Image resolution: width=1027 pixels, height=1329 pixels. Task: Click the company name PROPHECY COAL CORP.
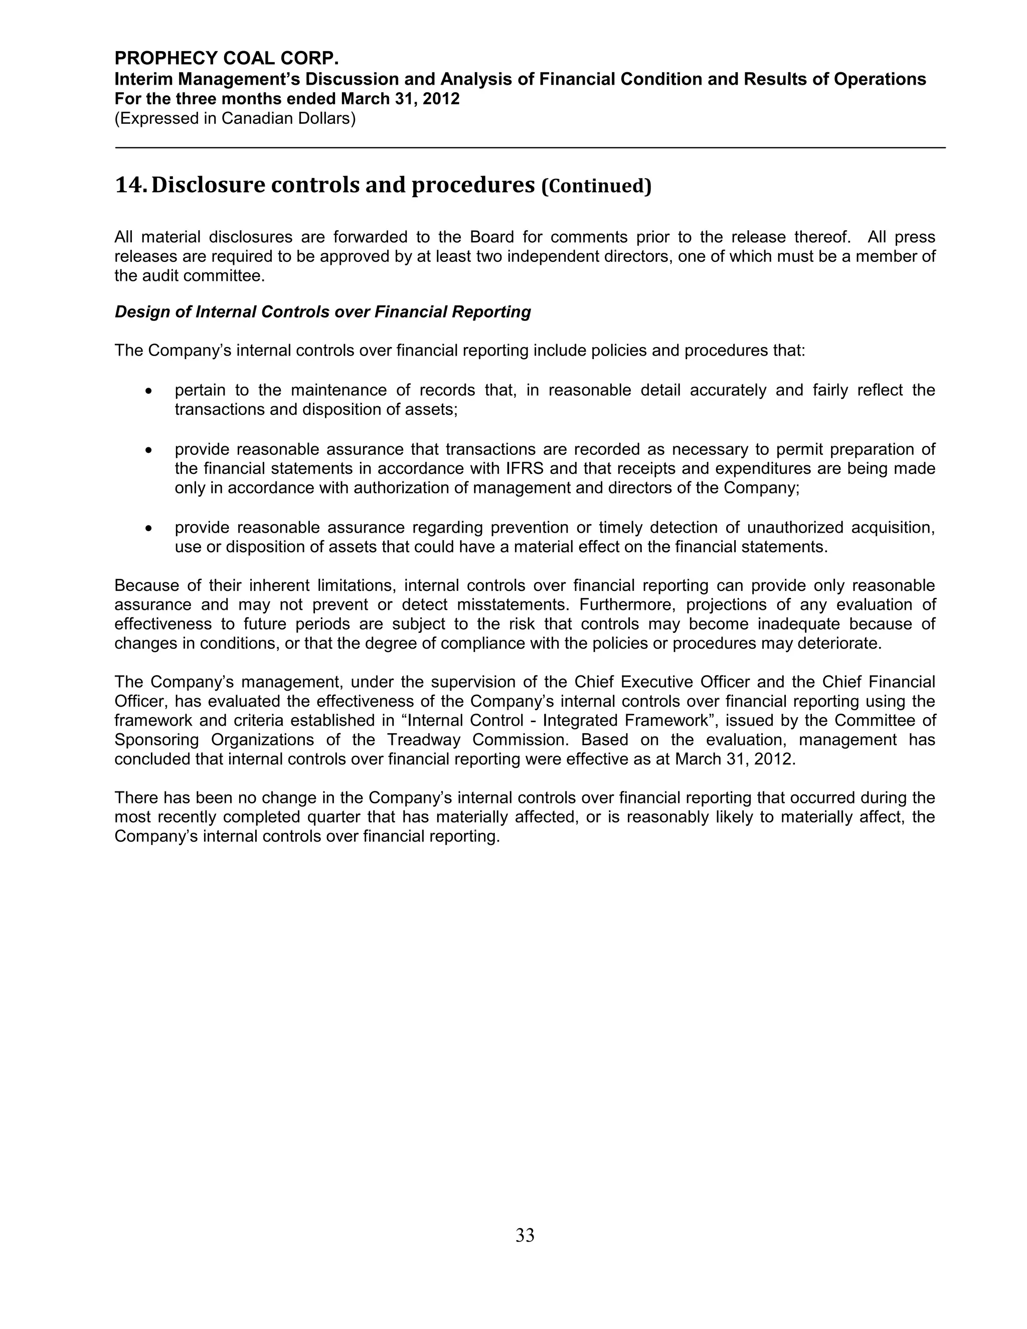tap(226, 58)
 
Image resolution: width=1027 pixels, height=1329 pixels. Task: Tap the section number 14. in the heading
tap(130, 185)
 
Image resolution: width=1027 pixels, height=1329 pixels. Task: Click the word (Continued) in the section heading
tap(596, 186)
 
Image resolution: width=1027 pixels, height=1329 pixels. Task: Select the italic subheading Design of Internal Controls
tap(322, 312)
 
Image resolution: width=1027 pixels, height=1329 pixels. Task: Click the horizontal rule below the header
tap(530, 148)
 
